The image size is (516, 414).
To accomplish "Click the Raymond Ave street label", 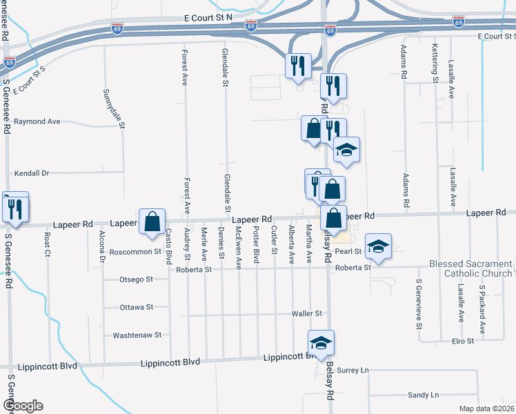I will tap(37, 121).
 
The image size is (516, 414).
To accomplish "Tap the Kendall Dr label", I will tap(32, 173).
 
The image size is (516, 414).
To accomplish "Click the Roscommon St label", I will tap(135, 252).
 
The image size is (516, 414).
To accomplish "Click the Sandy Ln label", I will tap(423, 395).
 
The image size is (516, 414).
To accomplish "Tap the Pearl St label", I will tap(348, 252).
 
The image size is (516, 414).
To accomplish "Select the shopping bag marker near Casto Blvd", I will tap(152, 221).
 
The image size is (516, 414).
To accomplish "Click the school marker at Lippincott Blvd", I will tap(321, 343).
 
